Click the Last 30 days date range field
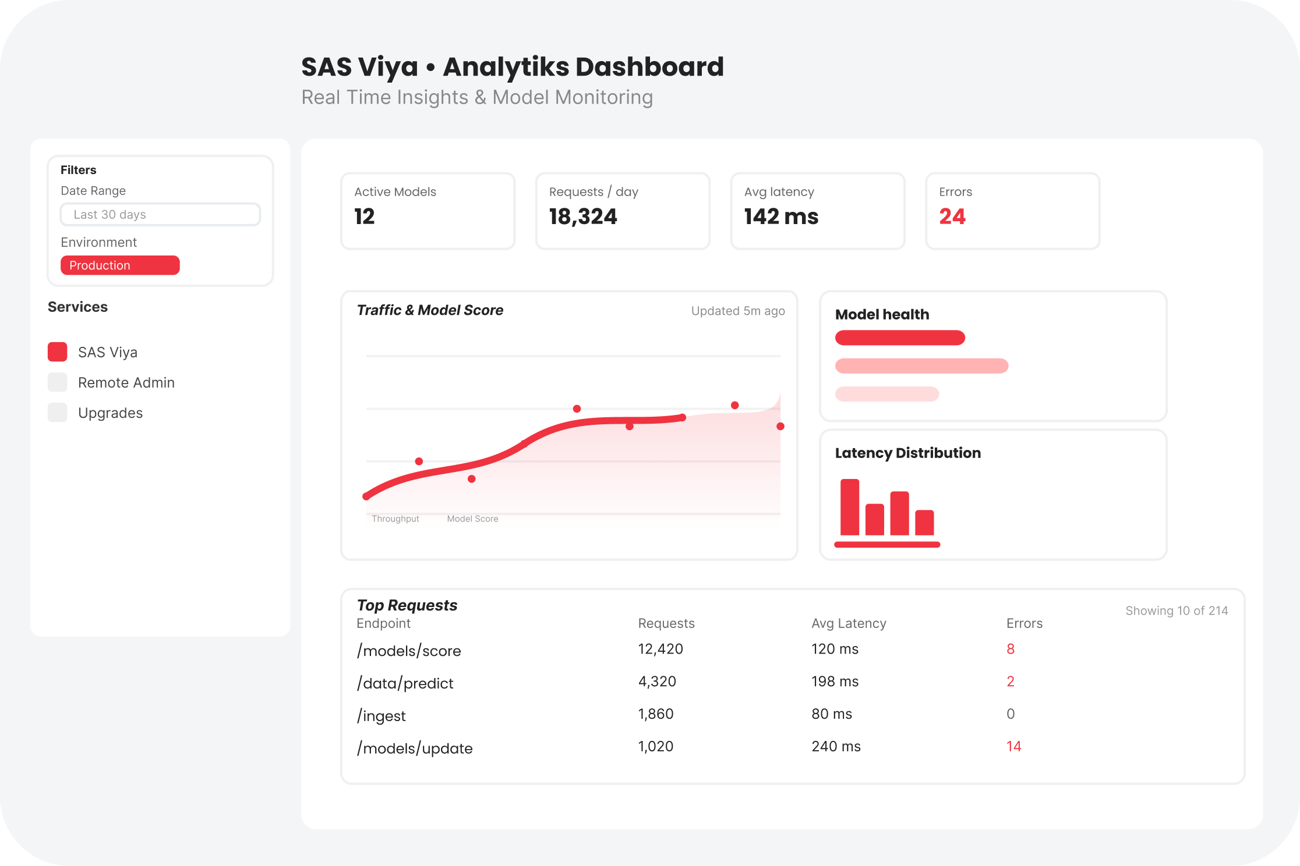[160, 214]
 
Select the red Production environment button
[120, 265]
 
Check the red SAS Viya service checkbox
[57, 352]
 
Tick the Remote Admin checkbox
[57, 382]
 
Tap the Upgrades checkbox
[57, 413]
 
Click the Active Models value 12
[365, 217]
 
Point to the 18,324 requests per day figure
[583, 217]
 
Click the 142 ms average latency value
[781, 217]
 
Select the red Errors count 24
[952, 217]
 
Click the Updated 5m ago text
[738, 311]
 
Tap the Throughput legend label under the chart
[395, 519]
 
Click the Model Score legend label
[472, 519]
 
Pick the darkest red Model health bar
[900, 338]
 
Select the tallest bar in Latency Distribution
[850, 507]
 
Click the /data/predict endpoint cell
[405, 683]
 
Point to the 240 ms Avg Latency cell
[836, 746]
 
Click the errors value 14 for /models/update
[1013, 746]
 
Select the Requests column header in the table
[666, 623]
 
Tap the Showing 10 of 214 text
[1177, 611]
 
